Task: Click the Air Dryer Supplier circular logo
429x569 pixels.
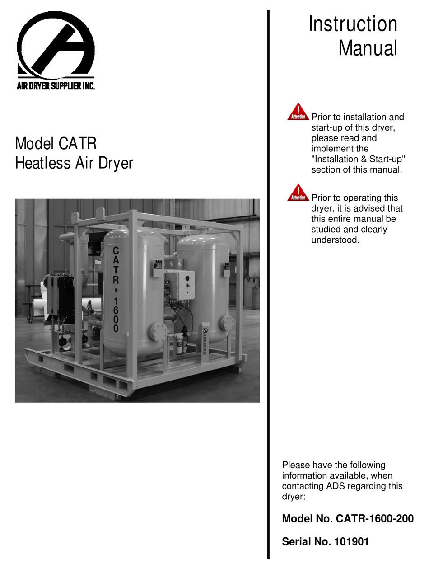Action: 56,45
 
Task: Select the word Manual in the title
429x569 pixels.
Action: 368,48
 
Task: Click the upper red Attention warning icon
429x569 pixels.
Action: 298,112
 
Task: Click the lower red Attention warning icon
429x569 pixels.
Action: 298,193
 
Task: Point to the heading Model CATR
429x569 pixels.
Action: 56,144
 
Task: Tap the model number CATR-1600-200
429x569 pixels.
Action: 374,519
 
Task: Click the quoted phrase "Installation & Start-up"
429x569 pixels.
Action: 358,159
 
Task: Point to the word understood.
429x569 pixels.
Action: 335,240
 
